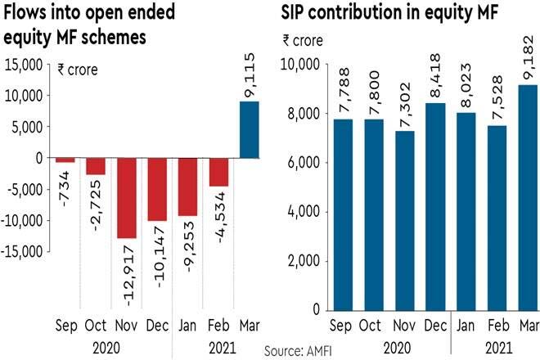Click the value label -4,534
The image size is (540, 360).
click(218, 216)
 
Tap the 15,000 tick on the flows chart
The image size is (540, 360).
click(25, 64)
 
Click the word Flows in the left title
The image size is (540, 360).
click(28, 15)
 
